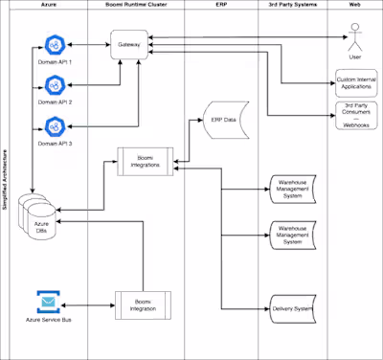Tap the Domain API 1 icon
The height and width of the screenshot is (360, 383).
click(x=55, y=46)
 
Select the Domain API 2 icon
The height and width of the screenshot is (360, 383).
click(x=55, y=85)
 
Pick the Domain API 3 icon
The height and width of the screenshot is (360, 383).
click(x=55, y=126)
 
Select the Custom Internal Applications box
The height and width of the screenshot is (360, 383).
click(x=355, y=81)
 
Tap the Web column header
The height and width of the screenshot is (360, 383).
click(x=355, y=6)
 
